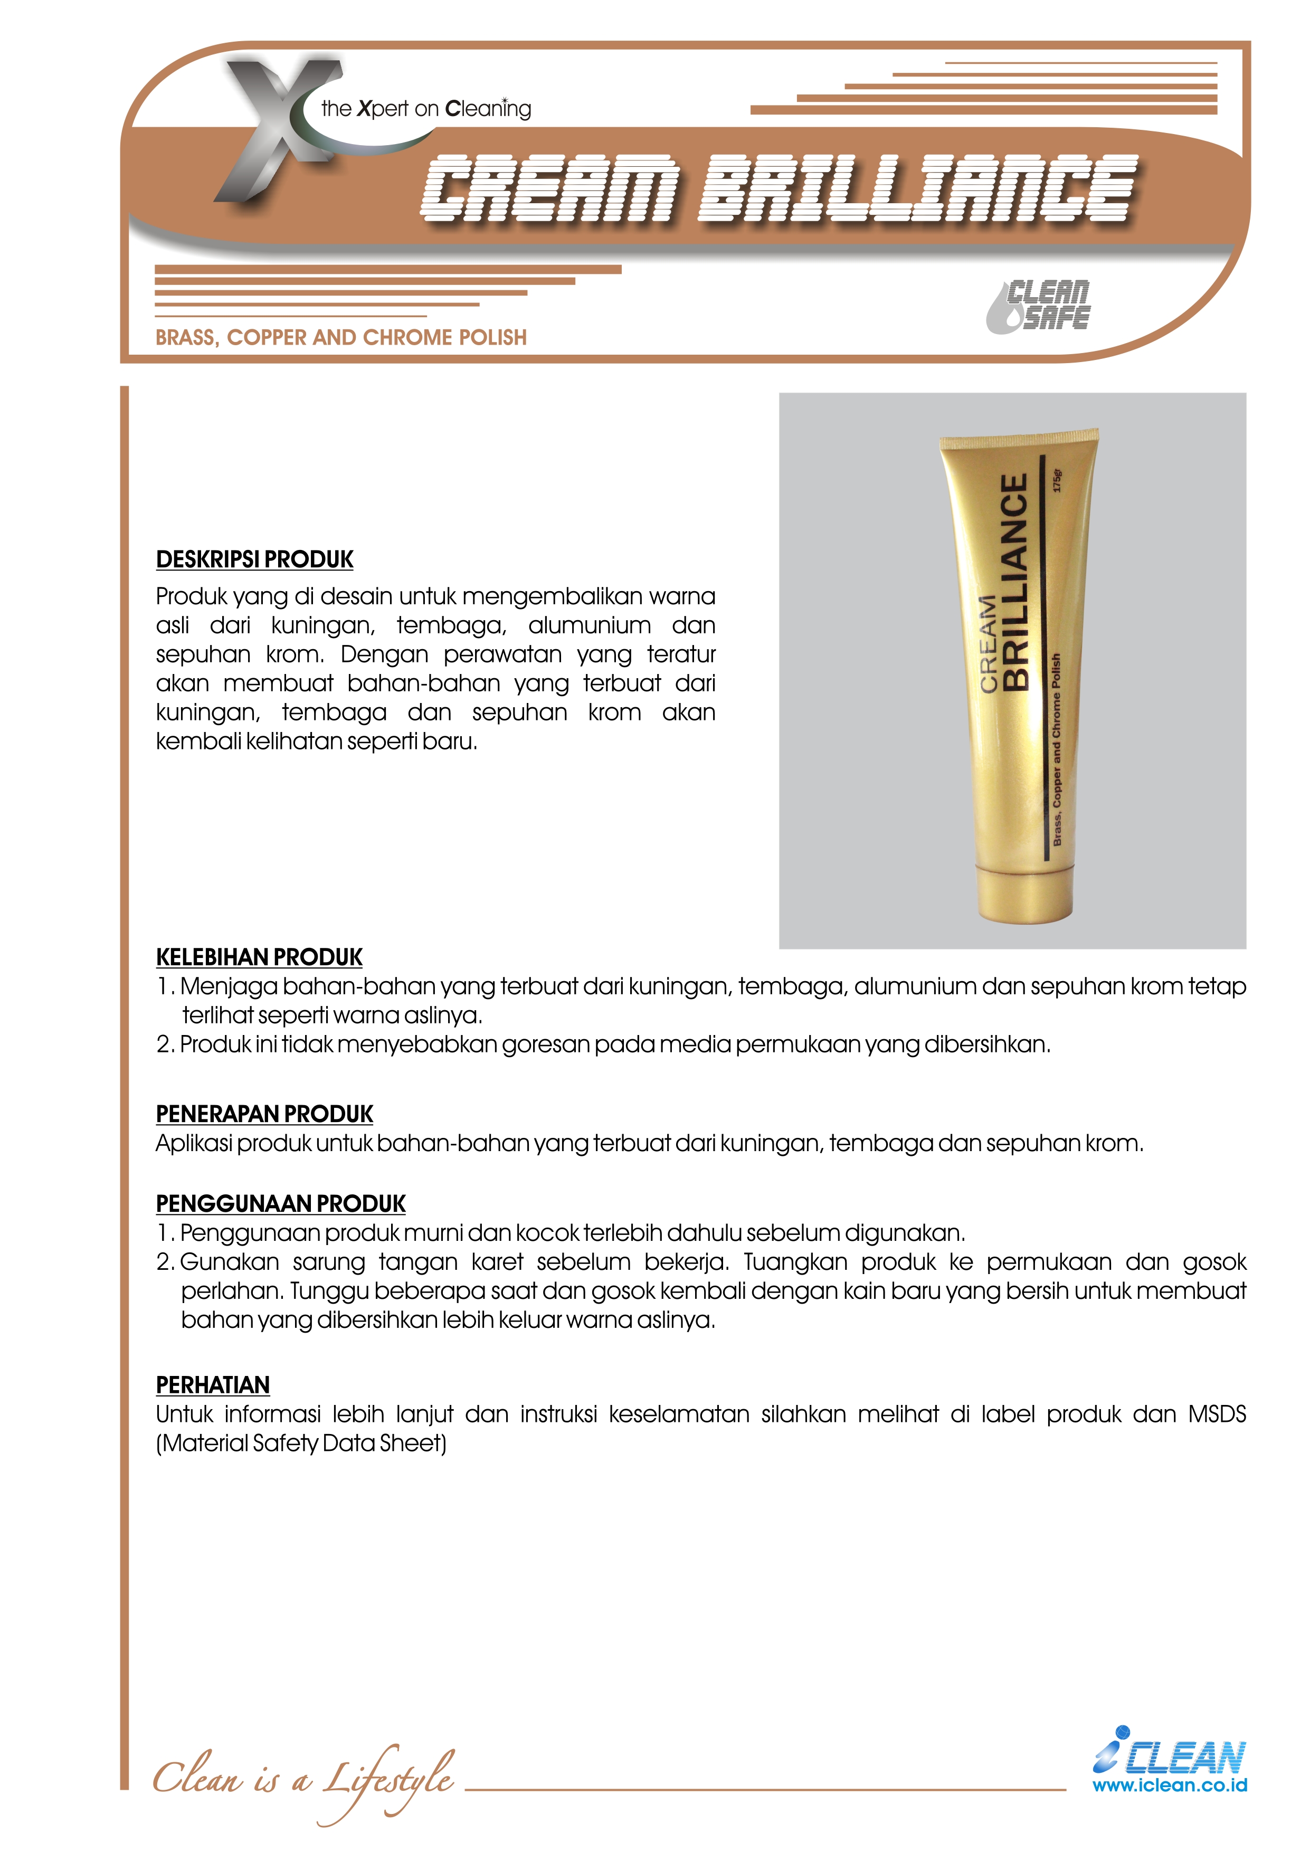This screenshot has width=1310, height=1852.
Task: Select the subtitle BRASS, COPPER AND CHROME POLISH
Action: click(x=340, y=337)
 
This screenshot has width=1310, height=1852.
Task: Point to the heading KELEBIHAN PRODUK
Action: click(x=259, y=957)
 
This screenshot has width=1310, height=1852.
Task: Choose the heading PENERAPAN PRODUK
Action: click(x=264, y=1114)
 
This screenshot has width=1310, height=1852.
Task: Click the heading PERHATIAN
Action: click(x=213, y=1385)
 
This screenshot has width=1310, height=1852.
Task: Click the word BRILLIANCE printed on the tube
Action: click(x=1015, y=581)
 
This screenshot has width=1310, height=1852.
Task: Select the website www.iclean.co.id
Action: click(x=1169, y=1785)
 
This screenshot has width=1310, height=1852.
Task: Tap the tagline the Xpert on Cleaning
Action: click(x=426, y=108)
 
